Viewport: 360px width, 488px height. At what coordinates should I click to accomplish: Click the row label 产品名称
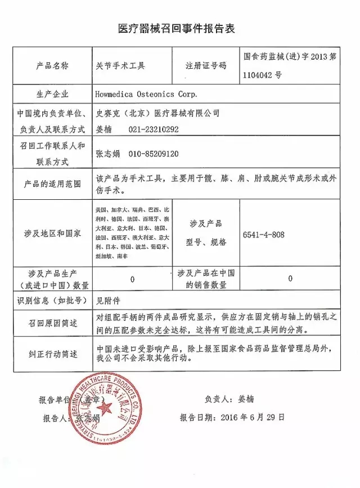click(x=52, y=65)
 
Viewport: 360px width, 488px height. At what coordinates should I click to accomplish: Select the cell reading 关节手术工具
click(x=121, y=65)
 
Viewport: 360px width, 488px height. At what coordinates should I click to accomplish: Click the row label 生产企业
click(x=52, y=93)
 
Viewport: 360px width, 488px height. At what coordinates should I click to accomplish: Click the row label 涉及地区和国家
click(x=52, y=233)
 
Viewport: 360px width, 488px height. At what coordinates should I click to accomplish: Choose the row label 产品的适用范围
click(x=52, y=184)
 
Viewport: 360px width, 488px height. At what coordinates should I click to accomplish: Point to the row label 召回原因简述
click(x=52, y=324)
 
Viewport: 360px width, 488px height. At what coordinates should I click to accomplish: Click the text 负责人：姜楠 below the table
click(x=229, y=399)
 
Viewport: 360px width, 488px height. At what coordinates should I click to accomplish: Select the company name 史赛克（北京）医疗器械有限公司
click(x=158, y=113)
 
